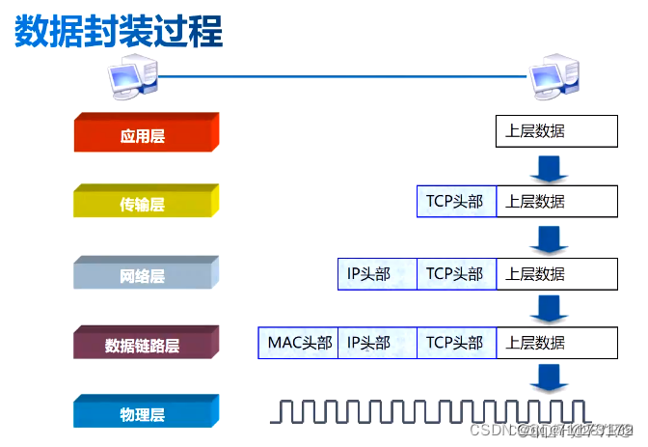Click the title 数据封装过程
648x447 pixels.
pos(118,31)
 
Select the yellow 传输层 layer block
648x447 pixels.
pos(145,204)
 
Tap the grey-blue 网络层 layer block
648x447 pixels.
pos(145,275)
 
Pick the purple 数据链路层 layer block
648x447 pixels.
pos(145,345)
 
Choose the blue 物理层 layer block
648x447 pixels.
pos(145,414)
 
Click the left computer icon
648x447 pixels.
pos(130,77)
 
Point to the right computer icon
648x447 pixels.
pos(555,77)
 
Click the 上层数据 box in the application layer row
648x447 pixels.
pos(556,131)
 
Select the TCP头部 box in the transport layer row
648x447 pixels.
pos(456,202)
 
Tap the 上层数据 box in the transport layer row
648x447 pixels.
pos(556,202)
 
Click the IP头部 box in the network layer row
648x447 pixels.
pos(377,273)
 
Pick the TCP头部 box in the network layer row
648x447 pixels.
pos(456,273)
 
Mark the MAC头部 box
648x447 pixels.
pos(298,343)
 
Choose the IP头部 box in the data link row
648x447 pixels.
pos(377,343)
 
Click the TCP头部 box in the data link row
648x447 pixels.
pos(456,343)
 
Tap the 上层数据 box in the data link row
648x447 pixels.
pos(556,343)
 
